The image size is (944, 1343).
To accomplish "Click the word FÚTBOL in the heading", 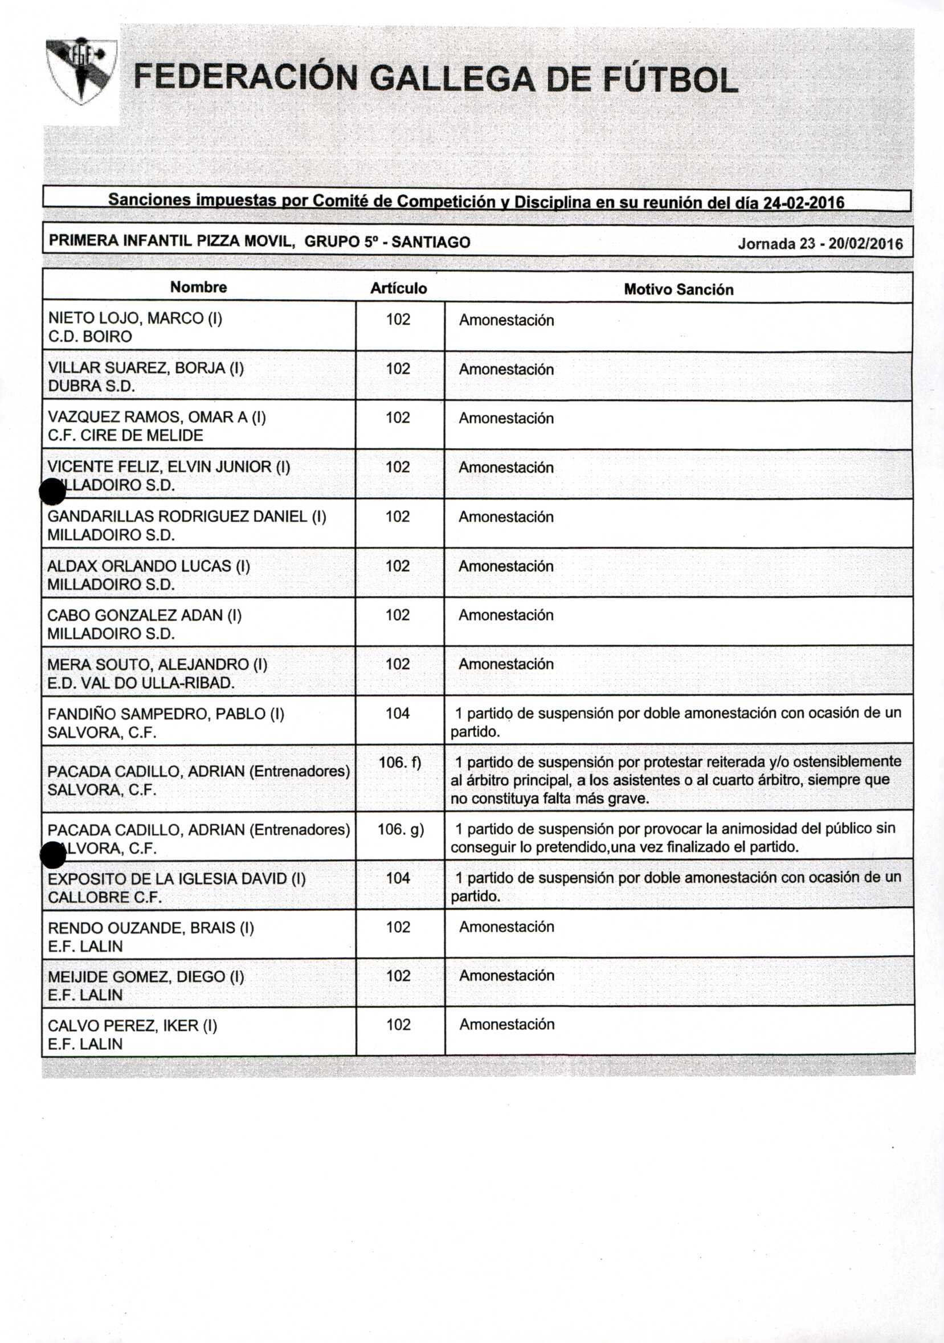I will [670, 80].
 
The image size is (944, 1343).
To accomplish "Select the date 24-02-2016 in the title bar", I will [804, 203].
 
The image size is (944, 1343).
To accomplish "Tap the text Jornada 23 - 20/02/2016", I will [820, 243].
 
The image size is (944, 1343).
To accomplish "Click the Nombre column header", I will [198, 287].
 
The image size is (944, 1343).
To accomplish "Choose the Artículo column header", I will [399, 288].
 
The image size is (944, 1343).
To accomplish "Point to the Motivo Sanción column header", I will [679, 289].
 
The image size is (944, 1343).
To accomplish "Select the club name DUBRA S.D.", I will [91, 386].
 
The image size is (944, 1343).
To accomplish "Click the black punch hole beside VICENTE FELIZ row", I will [52, 491].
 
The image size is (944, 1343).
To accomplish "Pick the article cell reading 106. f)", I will [399, 763].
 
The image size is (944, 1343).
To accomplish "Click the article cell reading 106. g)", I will [401, 829].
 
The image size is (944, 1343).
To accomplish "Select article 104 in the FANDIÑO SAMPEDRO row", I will [398, 713].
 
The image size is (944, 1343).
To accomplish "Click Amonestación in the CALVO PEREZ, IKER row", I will [506, 1023].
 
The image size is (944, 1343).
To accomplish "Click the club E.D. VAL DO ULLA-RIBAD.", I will [141, 683].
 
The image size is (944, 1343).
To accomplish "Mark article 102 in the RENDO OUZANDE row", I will [398, 927].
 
